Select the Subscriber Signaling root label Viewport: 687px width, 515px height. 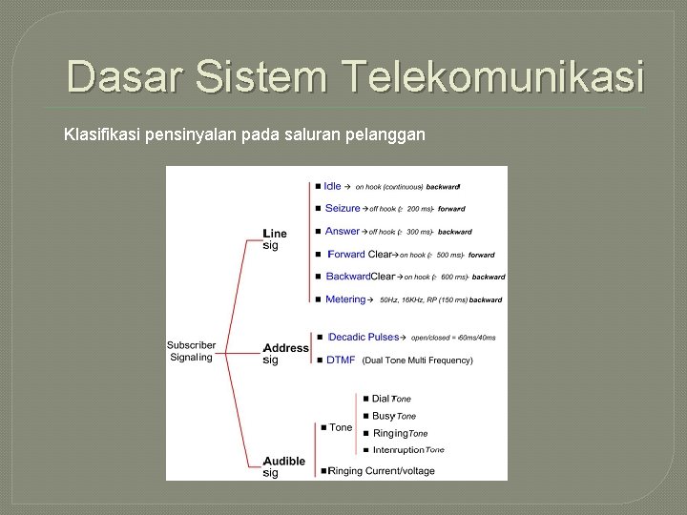coord(191,351)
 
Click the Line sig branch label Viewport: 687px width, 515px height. coord(275,238)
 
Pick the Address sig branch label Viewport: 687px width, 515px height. coord(285,354)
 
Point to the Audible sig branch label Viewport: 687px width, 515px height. coord(284,466)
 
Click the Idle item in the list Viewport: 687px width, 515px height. coord(332,186)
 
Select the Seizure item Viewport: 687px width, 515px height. coord(343,208)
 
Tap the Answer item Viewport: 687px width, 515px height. coord(343,231)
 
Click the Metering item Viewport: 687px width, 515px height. coord(345,299)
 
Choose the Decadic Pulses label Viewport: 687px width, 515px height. coord(364,337)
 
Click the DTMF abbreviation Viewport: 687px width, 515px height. coord(341,360)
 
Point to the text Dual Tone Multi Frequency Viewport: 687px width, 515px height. coord(417,360)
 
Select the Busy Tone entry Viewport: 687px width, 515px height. coord(394,416)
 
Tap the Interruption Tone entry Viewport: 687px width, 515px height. coord(408,450)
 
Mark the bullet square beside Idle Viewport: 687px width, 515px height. coord(316,186)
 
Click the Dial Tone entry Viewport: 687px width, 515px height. coord(391,399)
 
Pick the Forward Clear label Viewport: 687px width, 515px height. coord(360,255)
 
